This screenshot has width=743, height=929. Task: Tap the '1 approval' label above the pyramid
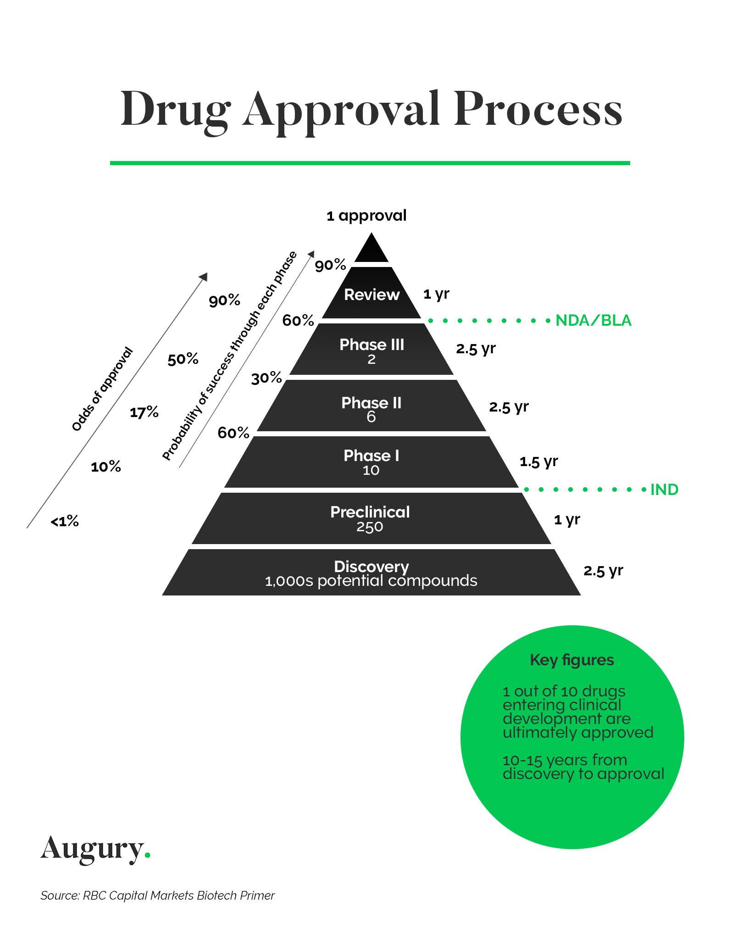coord(366,216)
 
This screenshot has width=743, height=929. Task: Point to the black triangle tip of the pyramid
coord(371,250)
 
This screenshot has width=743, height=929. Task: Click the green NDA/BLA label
coord(593,320)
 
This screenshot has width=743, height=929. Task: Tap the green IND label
coord(664,490)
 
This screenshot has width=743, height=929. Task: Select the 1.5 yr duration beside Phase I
coord(538,462)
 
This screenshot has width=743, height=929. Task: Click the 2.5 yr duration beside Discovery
coord(603,571)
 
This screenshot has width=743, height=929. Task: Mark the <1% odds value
coord(65,522)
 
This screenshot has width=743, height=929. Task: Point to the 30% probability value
coord(266,378)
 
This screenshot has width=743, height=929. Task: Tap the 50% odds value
coord(183,359)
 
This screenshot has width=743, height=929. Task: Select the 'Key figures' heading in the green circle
coord(571,660)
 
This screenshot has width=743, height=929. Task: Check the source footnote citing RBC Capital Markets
coord(157,896)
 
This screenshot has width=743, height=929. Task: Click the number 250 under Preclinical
coord(370,527)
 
